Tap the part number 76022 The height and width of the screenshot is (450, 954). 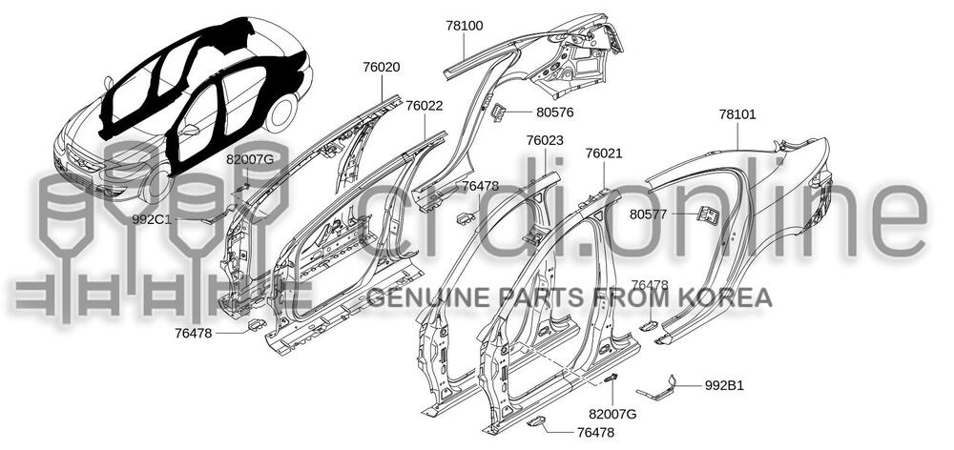(424, 106)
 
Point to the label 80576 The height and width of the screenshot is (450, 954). (555, 112)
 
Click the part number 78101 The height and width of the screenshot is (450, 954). (737, 114)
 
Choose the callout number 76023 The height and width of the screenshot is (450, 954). (545, 140)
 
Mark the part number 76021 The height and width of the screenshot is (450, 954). (604, 153)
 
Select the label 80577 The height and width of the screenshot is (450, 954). (649, 215)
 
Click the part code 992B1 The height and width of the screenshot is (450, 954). (724, 386)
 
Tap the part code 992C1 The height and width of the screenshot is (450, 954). (152, 219)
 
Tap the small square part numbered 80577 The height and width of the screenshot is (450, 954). (708, 215)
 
